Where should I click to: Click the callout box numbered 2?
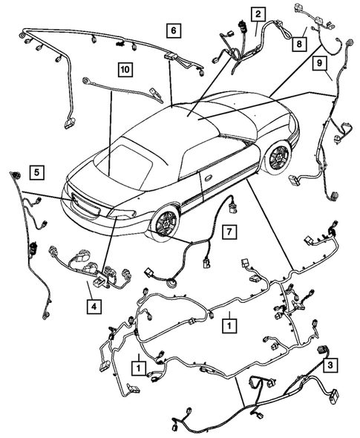click(258, 14)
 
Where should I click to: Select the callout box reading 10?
click(123, 70)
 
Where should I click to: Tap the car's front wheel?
click(279, 158)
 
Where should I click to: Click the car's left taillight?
click(122, 215)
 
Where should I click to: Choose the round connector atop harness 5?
click(15, 174)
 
